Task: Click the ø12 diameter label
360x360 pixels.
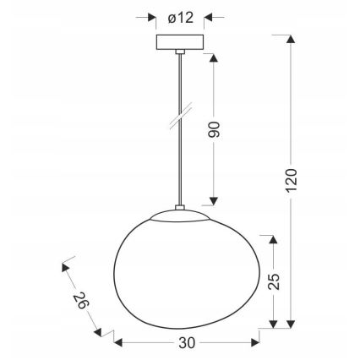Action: click(x=181, y=17)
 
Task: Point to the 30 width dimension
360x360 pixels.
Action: click(x=188, y=343)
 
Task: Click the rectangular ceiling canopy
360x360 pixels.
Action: click(x=180, y=42)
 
